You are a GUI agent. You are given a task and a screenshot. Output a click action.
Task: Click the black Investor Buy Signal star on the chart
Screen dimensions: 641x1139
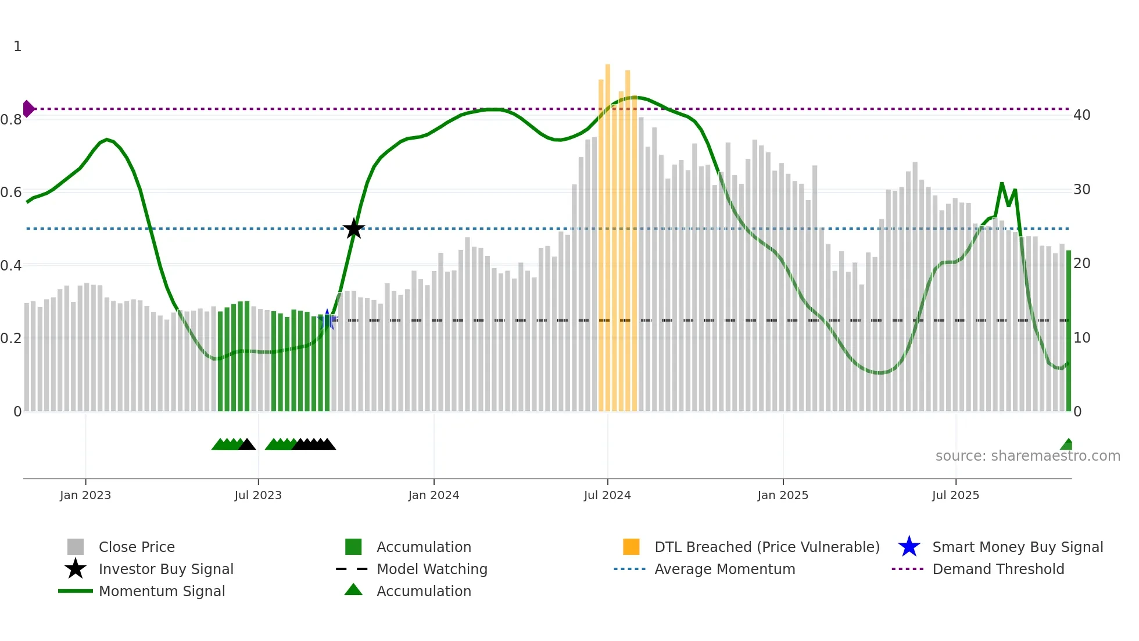(x=353, y=229)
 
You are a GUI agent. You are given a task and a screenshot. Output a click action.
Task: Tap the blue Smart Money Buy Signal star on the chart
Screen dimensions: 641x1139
(x=327, y=319)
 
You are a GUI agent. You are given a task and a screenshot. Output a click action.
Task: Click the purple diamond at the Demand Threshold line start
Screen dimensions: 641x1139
(x=28, y=109)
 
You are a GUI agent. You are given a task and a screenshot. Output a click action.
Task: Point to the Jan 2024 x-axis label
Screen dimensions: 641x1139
(x=434, y=495)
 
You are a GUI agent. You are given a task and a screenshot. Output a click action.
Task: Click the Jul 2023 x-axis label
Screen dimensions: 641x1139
(x=258, y=495)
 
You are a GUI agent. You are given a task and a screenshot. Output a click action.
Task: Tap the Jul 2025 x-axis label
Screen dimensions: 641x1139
(x=955, y=495)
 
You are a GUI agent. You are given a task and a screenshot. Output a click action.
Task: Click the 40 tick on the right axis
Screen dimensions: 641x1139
(x=1081, y=115)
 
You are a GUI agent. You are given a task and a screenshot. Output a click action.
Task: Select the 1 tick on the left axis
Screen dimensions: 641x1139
(x=17, y=47)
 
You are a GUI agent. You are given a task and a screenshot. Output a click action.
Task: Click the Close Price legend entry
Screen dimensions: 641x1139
(x=137, y=547)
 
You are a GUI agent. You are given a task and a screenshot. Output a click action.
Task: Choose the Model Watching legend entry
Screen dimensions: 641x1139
(x=432, y=569)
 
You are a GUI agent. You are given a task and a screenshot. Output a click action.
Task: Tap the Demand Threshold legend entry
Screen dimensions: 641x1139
(x=998, y=569)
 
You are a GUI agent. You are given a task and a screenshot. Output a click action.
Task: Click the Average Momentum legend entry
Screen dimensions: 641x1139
(x=724, y=569)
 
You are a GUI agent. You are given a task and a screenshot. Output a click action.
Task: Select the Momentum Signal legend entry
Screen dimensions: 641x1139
(x=162, y=591)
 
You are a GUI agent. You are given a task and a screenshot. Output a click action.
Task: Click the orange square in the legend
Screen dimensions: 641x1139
(x=631, y=547)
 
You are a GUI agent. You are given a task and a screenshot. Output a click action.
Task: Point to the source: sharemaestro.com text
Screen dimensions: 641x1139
(x=1027, y=456)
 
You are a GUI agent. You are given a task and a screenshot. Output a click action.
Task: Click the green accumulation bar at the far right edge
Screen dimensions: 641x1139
(x=1069, y=332)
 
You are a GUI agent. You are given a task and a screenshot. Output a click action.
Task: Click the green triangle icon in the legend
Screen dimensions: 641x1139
(x=353, y=590)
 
